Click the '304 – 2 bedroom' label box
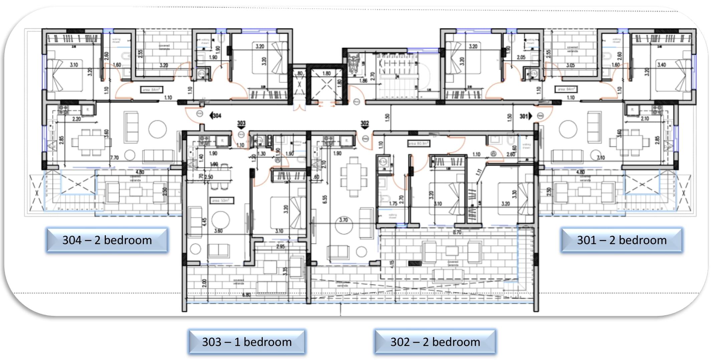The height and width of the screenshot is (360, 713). [107, 240]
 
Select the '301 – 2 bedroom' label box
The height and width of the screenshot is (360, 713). [622, 240]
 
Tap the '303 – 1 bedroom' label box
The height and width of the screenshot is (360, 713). [247, 342]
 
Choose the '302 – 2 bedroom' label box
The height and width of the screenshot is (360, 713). [435, 342]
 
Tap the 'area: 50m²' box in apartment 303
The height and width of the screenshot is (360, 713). [222, 200]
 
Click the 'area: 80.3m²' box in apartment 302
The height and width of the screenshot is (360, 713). [418, 143]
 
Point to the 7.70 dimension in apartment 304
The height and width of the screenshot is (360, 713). [114, 158]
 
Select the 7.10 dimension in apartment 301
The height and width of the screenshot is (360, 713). [601, 158]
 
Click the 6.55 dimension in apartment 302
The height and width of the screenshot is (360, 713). [324, 199]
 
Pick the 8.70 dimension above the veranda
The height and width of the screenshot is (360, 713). [457, 232]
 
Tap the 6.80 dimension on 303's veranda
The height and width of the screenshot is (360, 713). [246, 295]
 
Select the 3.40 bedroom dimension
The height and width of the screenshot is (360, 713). [661, 64]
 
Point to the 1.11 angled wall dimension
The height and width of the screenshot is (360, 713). [479, 172]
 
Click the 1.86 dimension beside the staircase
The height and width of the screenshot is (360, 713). [363, 80]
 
